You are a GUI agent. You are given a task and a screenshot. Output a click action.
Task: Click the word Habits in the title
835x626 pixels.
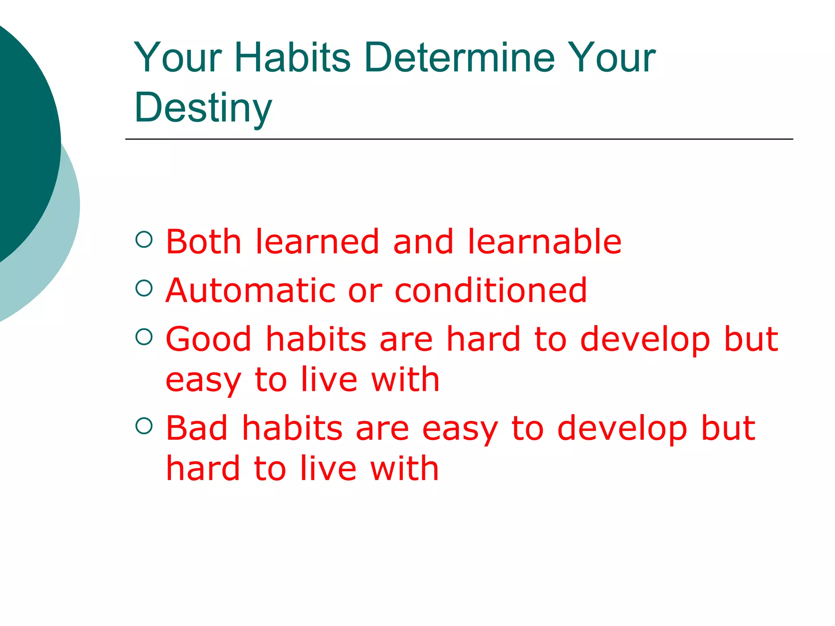pos(292,58)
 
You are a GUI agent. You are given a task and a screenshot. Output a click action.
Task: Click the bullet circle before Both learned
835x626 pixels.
pos(144,239)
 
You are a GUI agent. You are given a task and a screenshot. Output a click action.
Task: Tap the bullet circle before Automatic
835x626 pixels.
pos(144,288)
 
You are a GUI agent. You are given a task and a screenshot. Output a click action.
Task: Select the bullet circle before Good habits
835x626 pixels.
pos(144,337)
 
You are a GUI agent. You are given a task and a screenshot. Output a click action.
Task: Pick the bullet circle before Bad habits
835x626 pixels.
pos(144,426)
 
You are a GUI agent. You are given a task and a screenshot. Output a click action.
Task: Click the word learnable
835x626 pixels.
pos(544,242)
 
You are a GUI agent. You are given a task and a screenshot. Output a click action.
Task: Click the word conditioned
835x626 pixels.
pos(491,290)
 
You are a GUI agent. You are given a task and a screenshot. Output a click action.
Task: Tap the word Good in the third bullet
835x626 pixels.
pos(208,339)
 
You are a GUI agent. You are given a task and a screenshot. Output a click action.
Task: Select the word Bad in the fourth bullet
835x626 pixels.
pos(197,428)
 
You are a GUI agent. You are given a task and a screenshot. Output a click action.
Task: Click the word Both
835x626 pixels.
pos(203,242)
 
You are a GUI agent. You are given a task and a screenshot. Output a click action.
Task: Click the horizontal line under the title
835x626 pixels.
pos(459,139)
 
